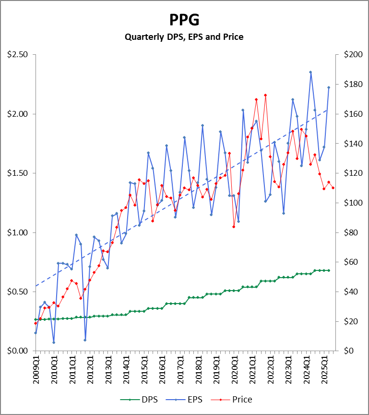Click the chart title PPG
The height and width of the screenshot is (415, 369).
184,20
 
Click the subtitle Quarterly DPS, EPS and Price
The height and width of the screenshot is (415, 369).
184,37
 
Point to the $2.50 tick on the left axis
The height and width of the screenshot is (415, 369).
18,55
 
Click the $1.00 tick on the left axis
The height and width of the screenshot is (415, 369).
18,232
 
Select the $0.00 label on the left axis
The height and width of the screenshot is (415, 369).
18,351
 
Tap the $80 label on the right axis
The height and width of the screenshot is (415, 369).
351,232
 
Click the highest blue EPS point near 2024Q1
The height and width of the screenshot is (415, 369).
310,72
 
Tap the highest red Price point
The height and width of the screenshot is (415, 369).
265,95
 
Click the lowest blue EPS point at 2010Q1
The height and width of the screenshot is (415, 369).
54,342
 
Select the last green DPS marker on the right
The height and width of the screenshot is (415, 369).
329,270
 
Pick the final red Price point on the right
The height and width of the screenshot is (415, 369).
333,188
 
